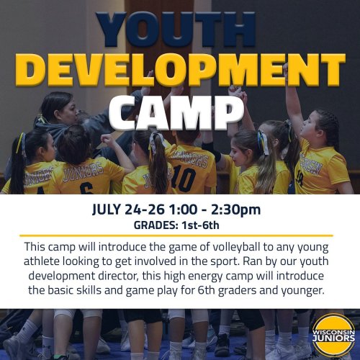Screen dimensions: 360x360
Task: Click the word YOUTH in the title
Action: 176,30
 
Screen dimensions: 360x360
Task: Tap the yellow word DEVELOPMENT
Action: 180,70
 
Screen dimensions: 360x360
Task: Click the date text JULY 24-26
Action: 128,210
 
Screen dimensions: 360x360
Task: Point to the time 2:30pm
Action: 235,210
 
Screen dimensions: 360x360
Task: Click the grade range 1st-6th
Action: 200,225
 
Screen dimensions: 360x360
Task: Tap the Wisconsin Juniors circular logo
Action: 333,335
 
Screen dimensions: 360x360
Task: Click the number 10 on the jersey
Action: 184,179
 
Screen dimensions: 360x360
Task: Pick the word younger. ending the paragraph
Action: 302,291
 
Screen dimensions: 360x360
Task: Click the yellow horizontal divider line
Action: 176,235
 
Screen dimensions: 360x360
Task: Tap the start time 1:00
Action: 183,210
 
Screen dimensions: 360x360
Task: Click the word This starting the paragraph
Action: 35,247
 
